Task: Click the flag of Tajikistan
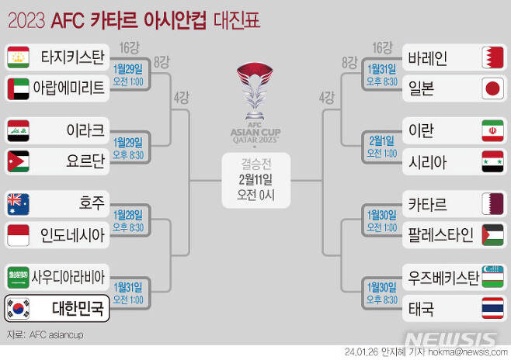pos(18,57)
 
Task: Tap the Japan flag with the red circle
pos(492,88)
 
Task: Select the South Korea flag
pos(18,309)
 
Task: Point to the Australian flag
pos(18,204)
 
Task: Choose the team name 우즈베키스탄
pos(443,277)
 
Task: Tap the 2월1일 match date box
pos(381,146)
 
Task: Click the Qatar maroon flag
pos(492,204)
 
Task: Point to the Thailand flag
pos(492,309)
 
